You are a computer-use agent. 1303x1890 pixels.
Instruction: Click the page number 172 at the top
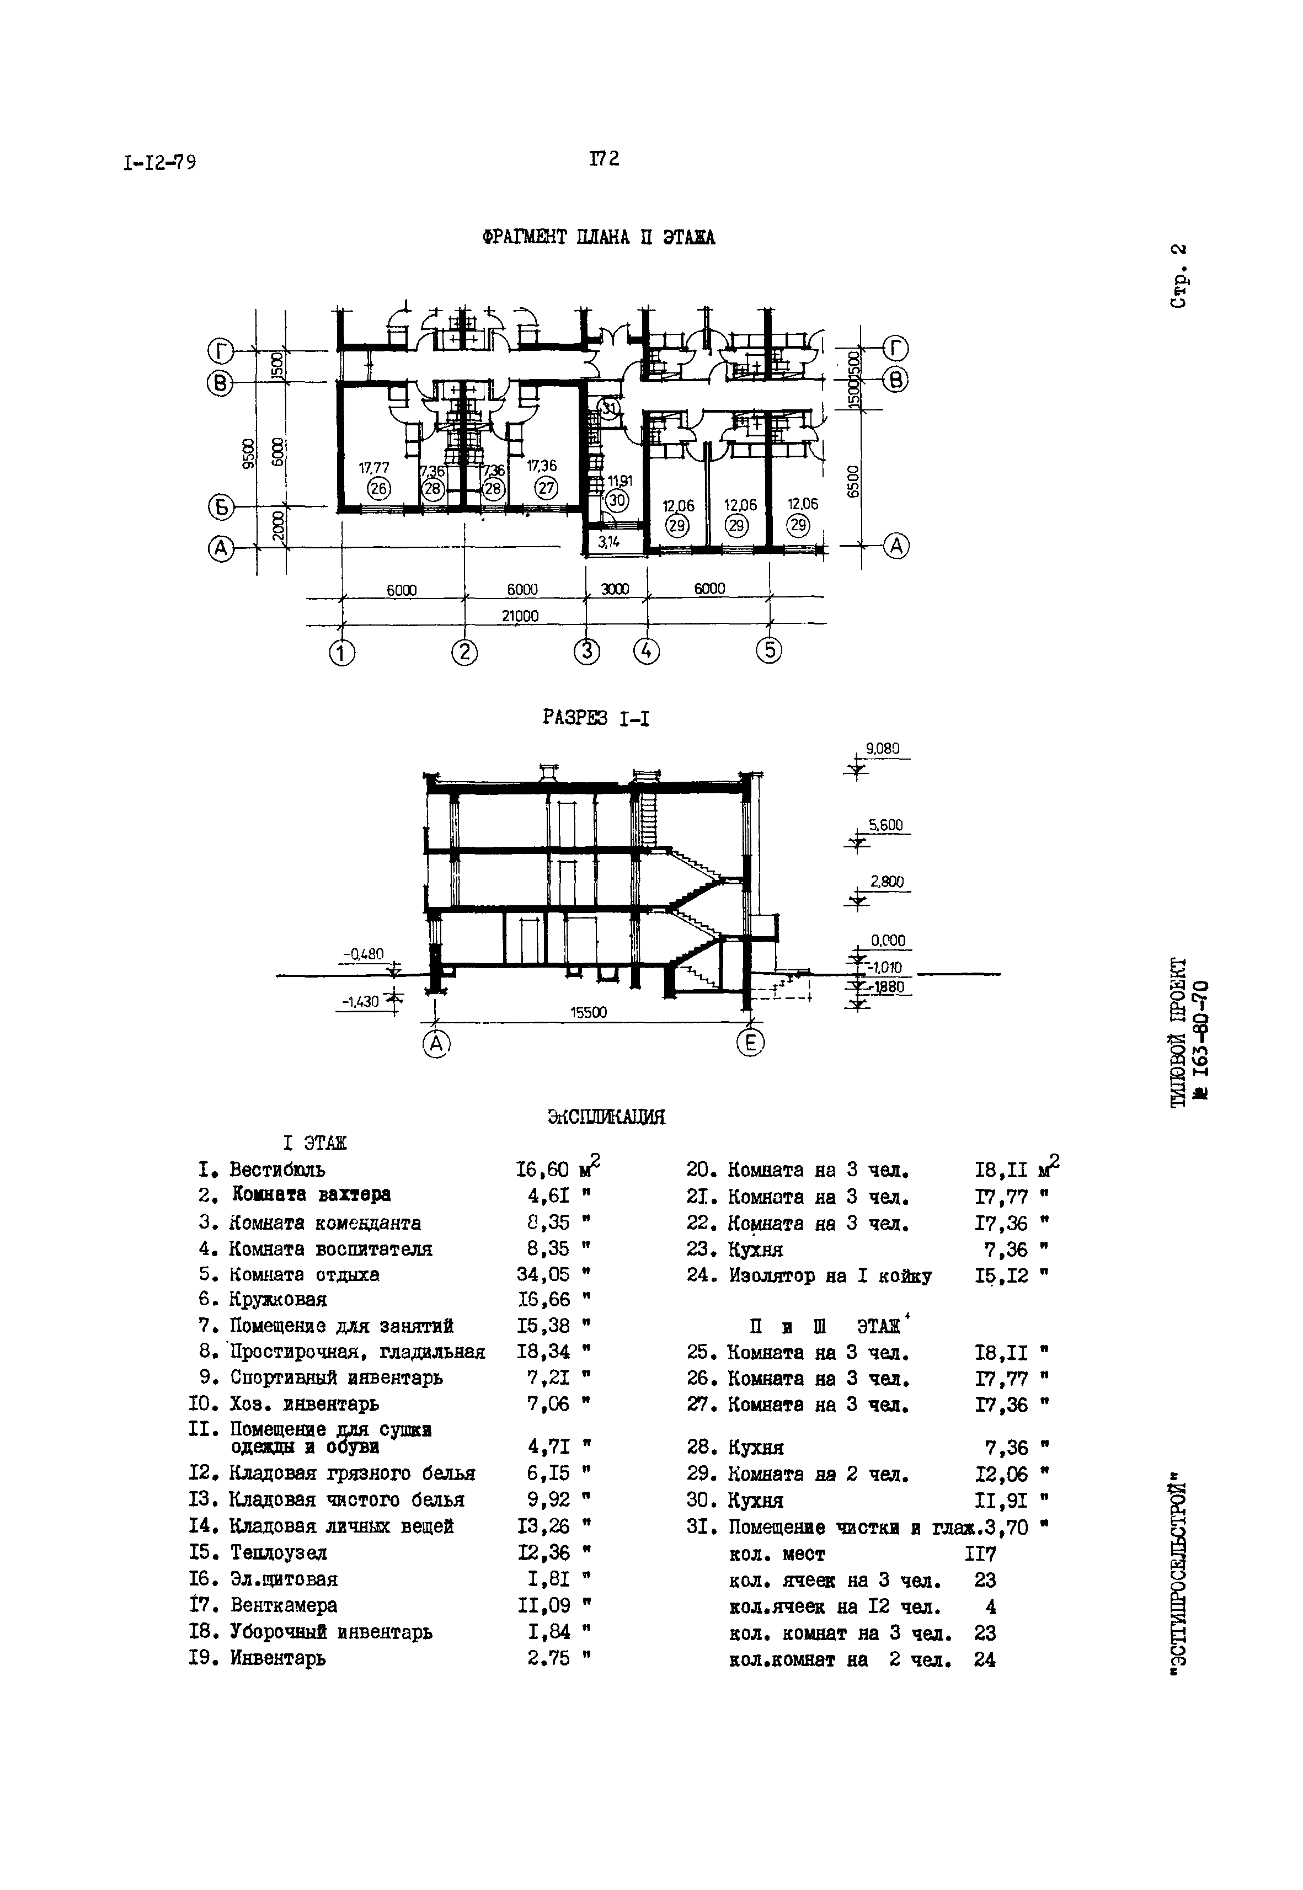point(604,158)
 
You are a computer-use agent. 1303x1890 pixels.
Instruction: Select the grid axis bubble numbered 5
point(769,650)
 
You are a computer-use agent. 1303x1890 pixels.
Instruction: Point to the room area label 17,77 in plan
point(374,468)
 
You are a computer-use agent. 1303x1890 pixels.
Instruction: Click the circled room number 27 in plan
point(546,488)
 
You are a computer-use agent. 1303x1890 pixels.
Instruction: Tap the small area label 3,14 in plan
point(609,541)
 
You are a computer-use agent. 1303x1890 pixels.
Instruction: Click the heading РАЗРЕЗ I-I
point(596,718)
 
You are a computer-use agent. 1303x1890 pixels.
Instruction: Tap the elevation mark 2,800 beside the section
point(887,882)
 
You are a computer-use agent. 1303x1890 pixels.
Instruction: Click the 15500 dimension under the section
point(588,1012)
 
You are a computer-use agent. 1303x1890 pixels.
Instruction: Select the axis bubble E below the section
point(750,1043)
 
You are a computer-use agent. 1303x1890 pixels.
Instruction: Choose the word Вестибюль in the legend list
point(277,1170)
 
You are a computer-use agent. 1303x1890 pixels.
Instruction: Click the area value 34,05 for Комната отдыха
point(543,1274)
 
